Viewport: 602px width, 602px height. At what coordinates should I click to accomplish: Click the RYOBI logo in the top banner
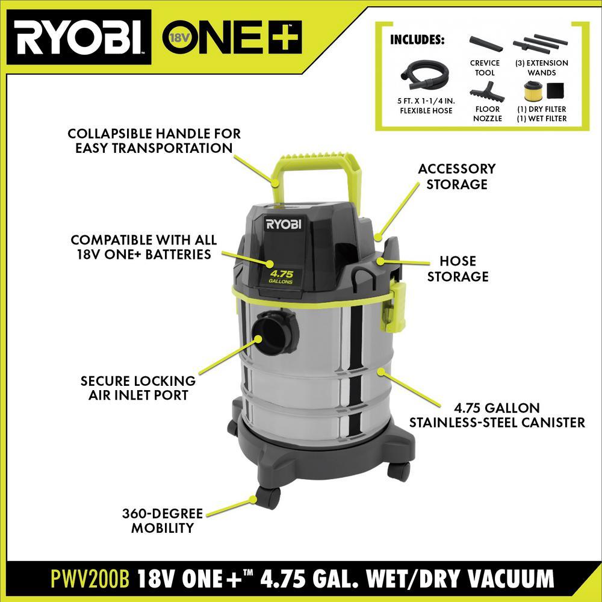(x=79, y=37)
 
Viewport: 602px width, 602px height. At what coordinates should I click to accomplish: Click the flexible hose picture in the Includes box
(x=424, y=75)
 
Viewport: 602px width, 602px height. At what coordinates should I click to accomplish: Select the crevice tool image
(x=485, y=44)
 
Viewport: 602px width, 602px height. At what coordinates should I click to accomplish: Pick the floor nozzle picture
(x=487, y=92)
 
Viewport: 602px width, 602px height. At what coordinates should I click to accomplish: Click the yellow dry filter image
(x=533, y=92)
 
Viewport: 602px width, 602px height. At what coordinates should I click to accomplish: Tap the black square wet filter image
(x=555, y=92)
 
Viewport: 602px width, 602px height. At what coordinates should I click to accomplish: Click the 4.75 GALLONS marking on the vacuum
(x=281, y=277)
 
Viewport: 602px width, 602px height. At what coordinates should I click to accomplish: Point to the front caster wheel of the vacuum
(x=268, y=497)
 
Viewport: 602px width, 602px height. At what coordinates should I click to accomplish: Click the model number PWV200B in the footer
(x=90, y=579)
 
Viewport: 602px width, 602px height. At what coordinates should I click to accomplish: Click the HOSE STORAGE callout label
(x=458, y=268)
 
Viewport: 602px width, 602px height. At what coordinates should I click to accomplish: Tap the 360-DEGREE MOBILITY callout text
(x=163, y=521)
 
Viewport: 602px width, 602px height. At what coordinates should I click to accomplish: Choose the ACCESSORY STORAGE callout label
(x=457, y=176)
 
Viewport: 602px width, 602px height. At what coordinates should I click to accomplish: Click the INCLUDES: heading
(x=417, y=40)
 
